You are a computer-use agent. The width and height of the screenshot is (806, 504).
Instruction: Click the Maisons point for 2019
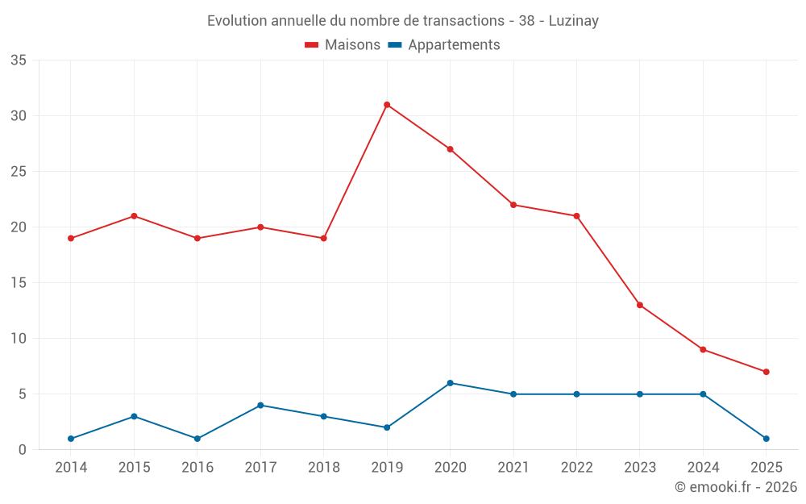tap(387, 105)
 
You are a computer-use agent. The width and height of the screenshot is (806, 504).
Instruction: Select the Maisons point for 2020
tap(450, 149)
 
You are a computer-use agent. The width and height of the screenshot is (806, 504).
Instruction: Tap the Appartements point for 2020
tap(450, 383)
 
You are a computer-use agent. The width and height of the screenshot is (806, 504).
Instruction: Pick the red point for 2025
tap(766, 372)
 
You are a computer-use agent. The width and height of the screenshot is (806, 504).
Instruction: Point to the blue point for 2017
tap(260, 406)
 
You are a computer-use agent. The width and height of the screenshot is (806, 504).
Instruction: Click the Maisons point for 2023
tap(639, 305)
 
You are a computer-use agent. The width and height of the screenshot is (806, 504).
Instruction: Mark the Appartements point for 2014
tap(71, 439)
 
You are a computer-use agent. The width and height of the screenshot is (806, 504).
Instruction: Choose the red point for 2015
tap(134, 216)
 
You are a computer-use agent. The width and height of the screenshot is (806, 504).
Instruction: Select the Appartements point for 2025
tap(766, 439)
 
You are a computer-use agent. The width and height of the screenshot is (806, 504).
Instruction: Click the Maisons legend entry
tap(343, 45)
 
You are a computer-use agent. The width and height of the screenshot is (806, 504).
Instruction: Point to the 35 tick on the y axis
tap(19, 60)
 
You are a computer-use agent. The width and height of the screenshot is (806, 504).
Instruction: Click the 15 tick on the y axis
tap(19, 283)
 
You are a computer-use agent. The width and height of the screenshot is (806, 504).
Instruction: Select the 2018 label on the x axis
tap(323, 468)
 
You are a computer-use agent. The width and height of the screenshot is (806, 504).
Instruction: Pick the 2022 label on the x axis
tap(576, 468)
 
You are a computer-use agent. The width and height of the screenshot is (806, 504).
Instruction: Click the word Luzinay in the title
tap(573, 21)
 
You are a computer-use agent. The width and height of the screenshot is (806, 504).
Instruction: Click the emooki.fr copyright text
tap(736, 487)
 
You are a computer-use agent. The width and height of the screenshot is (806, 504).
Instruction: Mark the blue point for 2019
tap(387, 427)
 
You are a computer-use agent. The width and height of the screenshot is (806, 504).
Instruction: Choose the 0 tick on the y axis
tap(23, 450)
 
